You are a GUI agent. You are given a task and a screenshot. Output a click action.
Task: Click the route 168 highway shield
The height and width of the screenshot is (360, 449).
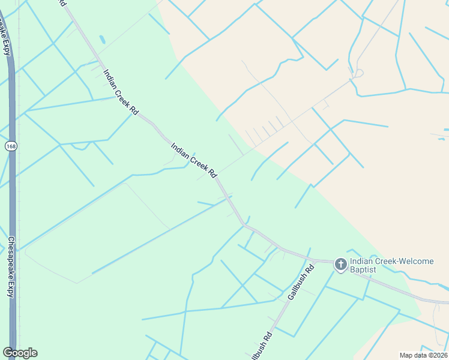tap(10, 146)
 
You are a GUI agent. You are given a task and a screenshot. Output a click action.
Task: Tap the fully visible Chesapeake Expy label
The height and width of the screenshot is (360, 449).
tap(11, 267)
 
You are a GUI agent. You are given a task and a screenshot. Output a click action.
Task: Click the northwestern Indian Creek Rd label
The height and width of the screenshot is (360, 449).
tap(121, 92)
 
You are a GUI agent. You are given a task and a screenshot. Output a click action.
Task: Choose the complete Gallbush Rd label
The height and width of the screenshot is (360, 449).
tap(301, 283)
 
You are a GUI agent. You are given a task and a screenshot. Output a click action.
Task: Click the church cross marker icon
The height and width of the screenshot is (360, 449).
tap(340, 264)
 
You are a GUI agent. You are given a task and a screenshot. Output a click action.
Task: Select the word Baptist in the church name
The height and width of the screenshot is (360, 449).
tap(364, 270)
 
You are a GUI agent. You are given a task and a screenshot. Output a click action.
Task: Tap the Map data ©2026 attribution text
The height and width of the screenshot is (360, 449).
tap(423, 355)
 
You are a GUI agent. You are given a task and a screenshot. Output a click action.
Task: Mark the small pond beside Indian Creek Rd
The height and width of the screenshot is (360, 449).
tap(101, 40)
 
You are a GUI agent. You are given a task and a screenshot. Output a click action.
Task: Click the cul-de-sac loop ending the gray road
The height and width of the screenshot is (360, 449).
tap(359, 73)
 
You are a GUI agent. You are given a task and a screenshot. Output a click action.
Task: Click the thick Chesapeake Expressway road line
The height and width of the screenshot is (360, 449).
tap(12, 198)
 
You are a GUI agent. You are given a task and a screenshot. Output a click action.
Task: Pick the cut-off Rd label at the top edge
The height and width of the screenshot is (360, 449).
tap(62, 3)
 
